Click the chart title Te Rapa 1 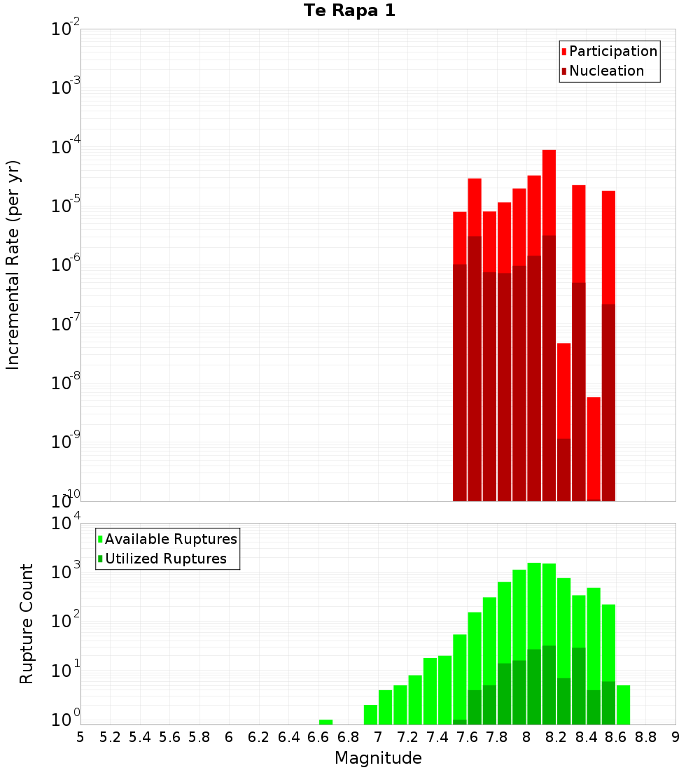pos(349,11)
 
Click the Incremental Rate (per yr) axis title pos(13,265)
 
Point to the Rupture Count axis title pos(27,624)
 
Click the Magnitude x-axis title pos(378,758)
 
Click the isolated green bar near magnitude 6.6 pos(325,722)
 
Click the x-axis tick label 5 pos(80,737)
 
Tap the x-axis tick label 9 pos(675,737)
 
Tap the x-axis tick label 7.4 pos(437,737)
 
